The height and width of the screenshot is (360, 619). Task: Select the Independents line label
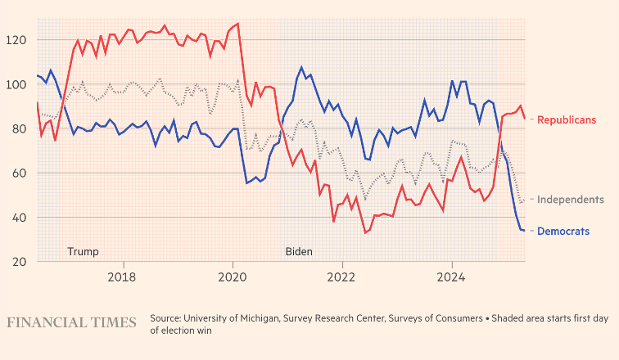(571, 200)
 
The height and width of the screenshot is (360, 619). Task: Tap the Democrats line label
(563, 232)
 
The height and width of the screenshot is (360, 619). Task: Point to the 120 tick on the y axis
(18, 40)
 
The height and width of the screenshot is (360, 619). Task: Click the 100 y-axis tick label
(18, 84)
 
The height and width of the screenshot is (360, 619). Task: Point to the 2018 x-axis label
(124, 277)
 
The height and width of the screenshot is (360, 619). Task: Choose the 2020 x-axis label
(233, 277)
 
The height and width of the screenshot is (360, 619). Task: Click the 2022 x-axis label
(343, 277)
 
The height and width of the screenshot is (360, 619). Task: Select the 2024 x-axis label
(453, 277)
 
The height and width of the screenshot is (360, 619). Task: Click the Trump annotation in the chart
(82, 251)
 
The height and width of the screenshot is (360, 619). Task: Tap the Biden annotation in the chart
(299, 251)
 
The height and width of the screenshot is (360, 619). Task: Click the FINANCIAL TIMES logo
(71, 322)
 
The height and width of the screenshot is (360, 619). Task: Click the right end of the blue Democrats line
(524, 231)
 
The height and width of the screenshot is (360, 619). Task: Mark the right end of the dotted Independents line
(524, 201)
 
